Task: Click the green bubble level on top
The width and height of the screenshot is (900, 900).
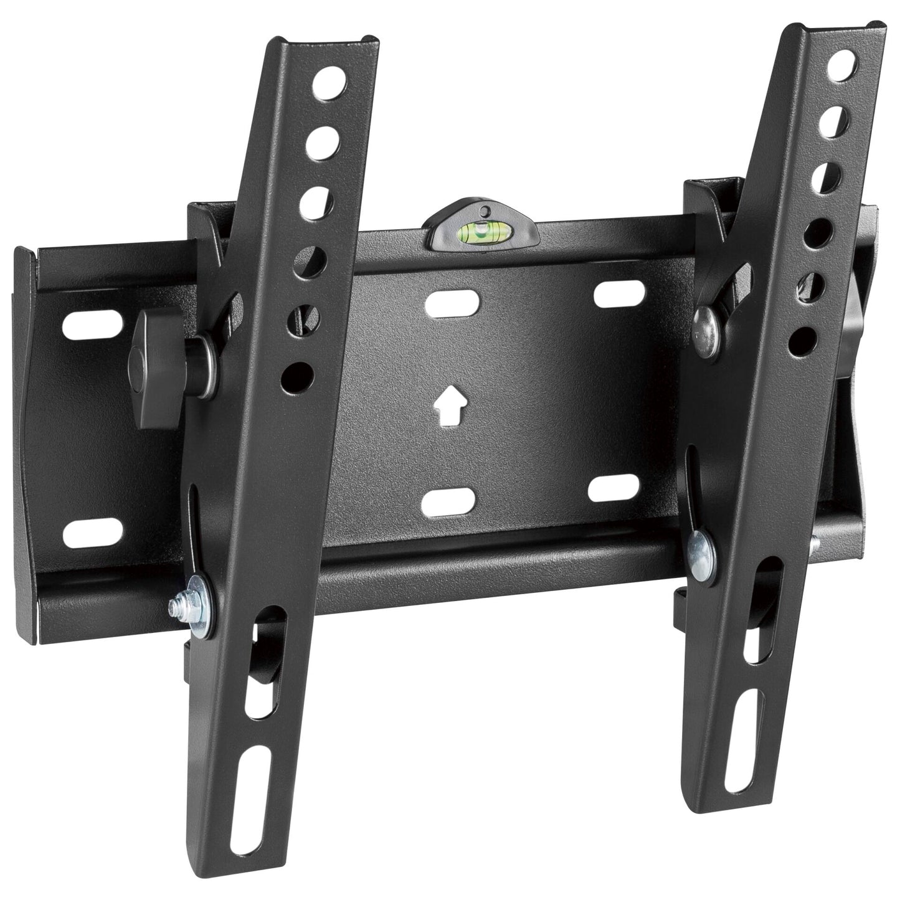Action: point(480,233)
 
